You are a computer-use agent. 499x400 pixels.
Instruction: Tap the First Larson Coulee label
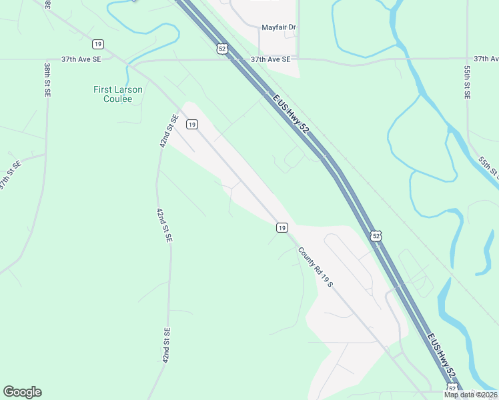117,94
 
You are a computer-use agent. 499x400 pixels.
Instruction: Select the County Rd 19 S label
315,267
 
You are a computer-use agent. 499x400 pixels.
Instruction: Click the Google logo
22,392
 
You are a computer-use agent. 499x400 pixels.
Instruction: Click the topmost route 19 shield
98,44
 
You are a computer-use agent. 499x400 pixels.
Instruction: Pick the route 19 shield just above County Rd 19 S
282,228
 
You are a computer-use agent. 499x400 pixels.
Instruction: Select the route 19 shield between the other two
191,124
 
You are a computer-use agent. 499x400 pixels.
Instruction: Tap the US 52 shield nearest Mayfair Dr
221,48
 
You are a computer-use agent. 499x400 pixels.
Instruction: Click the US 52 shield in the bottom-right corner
452,388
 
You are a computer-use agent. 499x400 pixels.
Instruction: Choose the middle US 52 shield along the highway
376,236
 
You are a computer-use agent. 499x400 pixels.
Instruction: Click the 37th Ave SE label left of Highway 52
81,59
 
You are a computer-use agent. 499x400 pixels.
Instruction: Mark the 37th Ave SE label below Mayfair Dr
270,59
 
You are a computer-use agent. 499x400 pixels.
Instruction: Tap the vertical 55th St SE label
468,82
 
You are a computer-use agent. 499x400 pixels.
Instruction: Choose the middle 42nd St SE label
164,225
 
